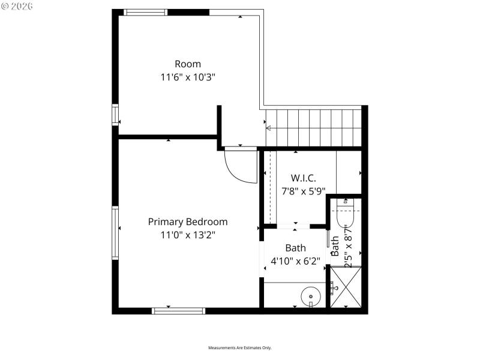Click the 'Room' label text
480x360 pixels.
(188, 64)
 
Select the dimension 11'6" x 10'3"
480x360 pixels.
(188, 77)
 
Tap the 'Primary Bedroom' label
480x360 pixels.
(188, 221)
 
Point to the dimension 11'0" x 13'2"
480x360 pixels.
(188, 235)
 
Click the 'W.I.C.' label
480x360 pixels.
(303, 178)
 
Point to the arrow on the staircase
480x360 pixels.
(269, 128)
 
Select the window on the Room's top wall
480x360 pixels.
(146, 12)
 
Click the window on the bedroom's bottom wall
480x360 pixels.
(178, 311)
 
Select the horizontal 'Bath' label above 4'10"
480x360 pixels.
(295, 248)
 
